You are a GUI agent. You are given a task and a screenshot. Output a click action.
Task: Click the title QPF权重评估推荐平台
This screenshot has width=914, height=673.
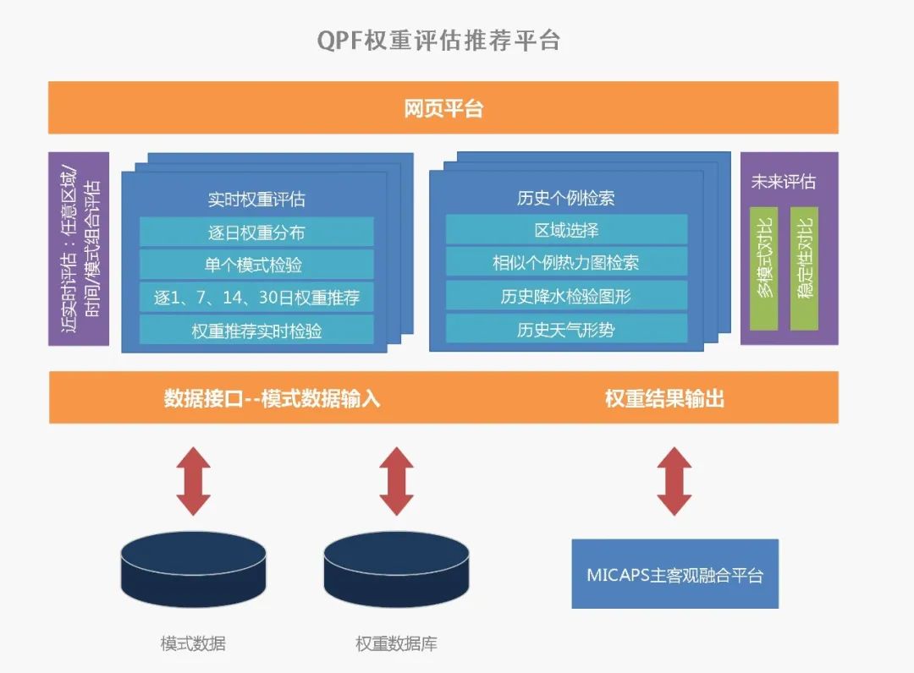point(438,41)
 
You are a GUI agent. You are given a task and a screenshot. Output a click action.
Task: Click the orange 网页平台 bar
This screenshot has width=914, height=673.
point(443,107)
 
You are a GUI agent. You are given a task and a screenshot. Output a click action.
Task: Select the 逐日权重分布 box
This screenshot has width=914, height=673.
point(256,233)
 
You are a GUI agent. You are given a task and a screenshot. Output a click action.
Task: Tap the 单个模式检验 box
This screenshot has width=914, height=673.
point(256,265)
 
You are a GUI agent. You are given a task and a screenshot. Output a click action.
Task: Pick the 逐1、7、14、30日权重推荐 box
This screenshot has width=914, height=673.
point(256,298)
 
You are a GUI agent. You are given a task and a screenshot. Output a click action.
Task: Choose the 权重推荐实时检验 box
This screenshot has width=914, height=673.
point(256,330)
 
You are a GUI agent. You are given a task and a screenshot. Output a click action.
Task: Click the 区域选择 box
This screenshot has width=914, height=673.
point(566,230)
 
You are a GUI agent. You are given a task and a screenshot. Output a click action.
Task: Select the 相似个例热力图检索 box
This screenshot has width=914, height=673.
point(566,263)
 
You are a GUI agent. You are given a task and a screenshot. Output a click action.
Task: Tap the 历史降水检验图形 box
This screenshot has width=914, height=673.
point(566,296)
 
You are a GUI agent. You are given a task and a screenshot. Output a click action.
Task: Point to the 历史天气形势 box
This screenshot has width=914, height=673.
point(566,330)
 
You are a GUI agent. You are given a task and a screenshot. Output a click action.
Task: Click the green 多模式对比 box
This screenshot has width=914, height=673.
point(763,268)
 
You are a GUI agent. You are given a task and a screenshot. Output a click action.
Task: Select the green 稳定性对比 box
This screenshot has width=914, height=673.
point(805,268)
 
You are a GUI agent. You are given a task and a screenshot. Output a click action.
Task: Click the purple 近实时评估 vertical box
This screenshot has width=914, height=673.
point(79,249)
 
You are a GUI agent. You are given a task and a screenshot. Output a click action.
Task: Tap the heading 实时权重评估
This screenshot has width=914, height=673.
point(256,199)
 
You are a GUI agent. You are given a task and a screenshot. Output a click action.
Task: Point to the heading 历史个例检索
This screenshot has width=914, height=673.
point(566,198)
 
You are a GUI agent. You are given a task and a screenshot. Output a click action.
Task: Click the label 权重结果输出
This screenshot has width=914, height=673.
point(664,399)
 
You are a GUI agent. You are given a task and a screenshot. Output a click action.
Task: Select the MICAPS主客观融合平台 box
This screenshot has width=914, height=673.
point(675,574)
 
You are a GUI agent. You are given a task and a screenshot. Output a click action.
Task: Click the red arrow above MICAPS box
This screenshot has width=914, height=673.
point(674,481)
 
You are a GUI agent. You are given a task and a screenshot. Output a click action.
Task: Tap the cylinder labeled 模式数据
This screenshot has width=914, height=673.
point(194,569)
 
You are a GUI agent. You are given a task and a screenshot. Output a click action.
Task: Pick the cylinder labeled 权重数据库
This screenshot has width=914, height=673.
point(396,569)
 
